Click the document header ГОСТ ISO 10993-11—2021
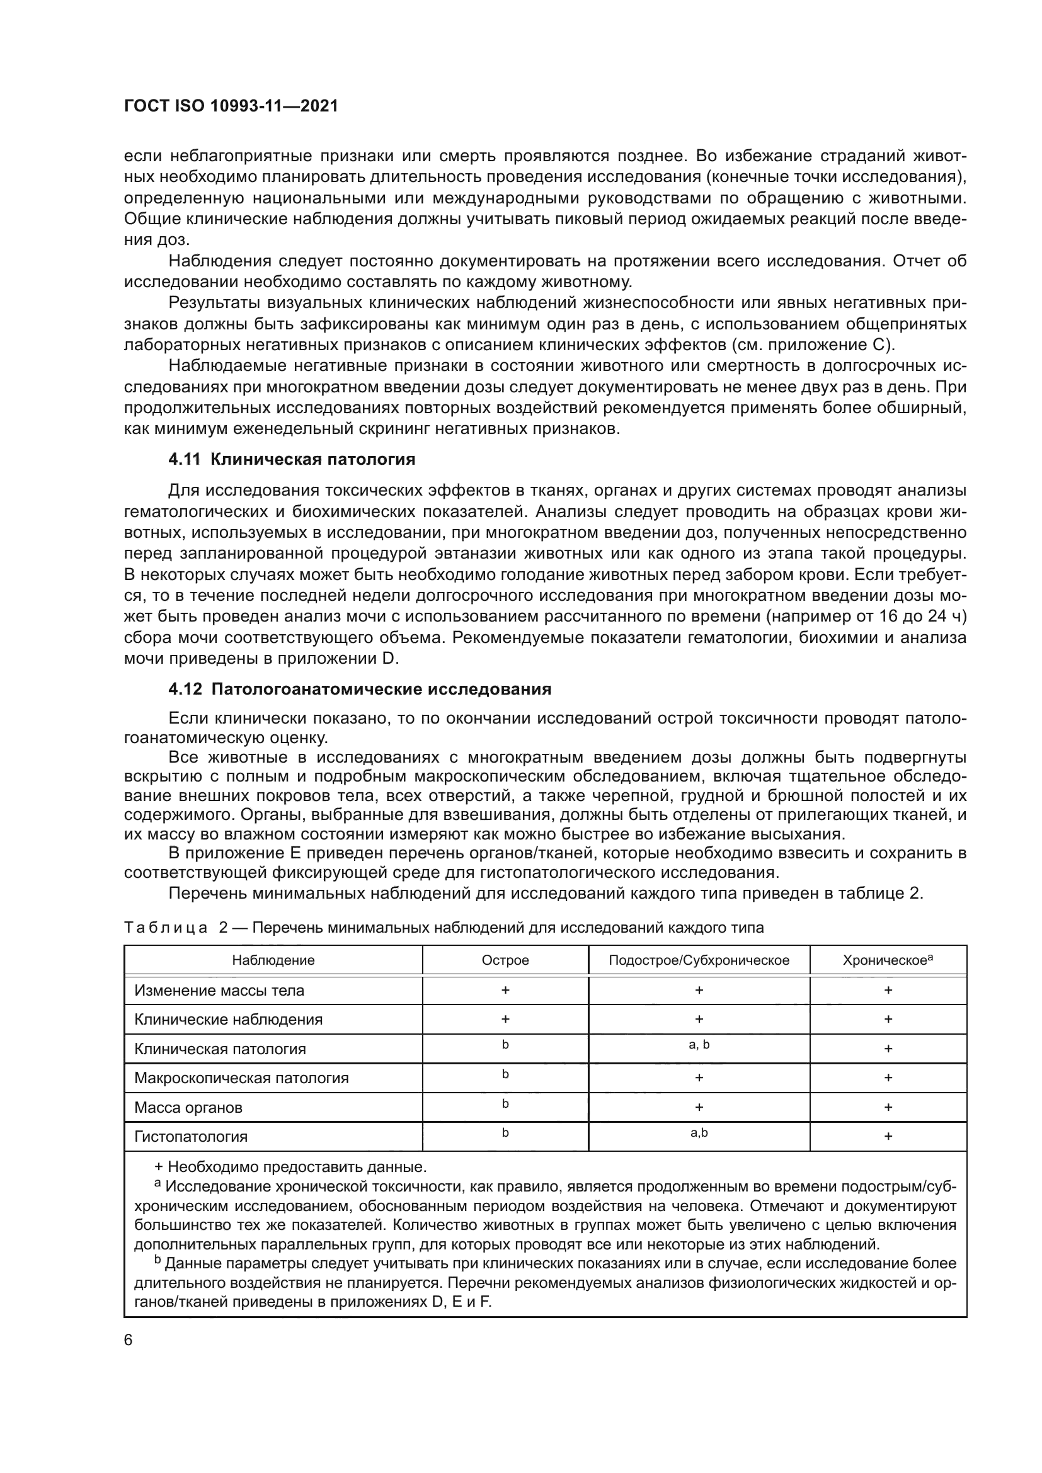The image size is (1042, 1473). click(231, 106)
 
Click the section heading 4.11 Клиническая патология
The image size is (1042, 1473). click(291, 459)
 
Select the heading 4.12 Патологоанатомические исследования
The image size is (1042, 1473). click(359, 689)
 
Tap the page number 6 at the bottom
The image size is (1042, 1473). click(129, 1339)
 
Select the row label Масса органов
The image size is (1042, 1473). click(188, 1107)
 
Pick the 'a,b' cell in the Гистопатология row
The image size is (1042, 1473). click(699, 1133)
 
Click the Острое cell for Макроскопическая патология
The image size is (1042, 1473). click(505, 1074)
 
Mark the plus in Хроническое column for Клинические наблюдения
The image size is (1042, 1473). click(888, 1020)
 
